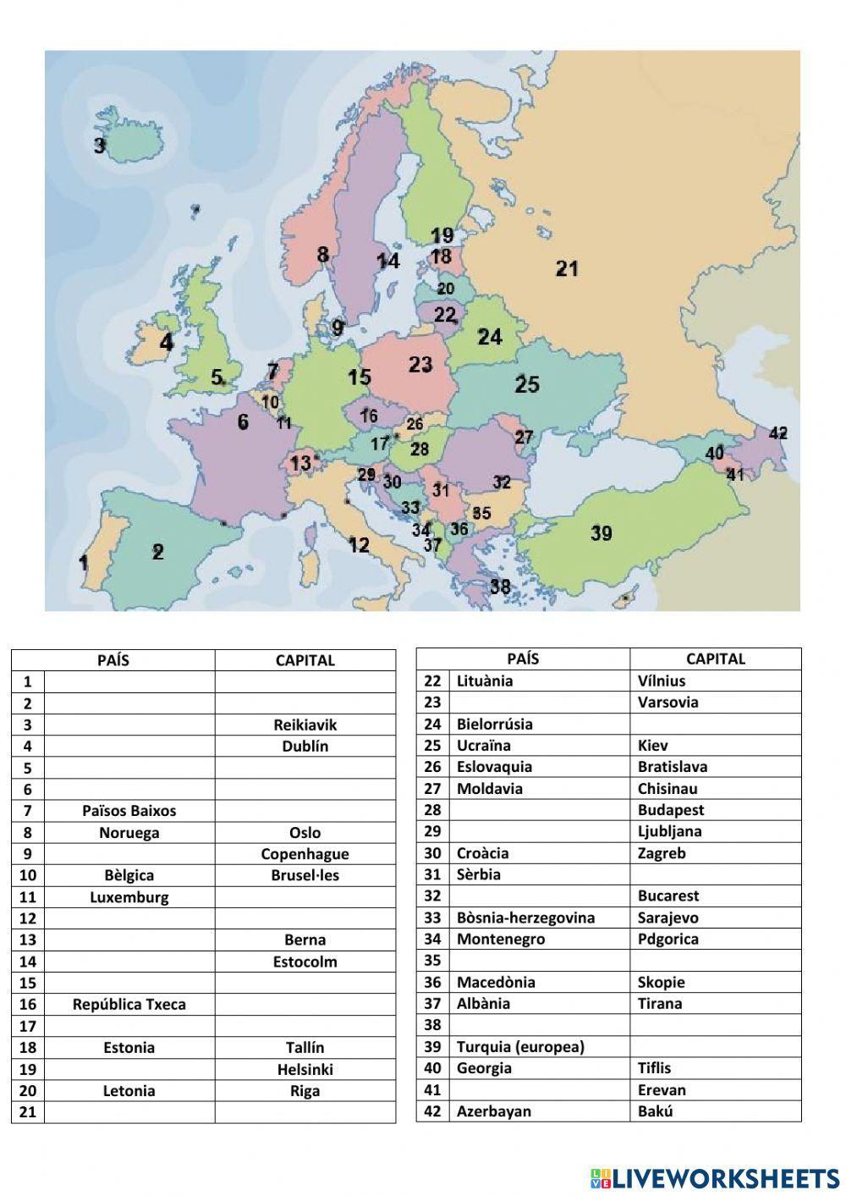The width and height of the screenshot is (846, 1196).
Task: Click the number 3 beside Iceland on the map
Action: (100, 146)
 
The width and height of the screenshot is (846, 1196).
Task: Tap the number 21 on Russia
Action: (567, 268)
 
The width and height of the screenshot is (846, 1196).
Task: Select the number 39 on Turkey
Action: (602, 533)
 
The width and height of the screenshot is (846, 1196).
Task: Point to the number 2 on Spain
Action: (157, 552)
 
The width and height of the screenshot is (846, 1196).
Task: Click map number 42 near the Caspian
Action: (778, 433)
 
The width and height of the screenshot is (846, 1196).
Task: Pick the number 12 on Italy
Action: (359, 544)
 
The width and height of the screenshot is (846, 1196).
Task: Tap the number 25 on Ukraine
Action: (527, 384)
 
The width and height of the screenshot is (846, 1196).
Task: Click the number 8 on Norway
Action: (322, 254)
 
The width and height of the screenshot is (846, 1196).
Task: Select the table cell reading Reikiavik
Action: (305, 725)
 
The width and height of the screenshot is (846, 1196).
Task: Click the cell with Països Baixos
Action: (129, 811)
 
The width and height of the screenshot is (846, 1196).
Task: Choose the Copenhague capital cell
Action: (305, 854)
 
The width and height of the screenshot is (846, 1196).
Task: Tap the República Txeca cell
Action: (129, 1005)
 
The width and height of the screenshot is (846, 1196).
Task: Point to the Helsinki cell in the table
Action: (305, 1069)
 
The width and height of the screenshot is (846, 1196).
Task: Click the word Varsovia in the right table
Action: (668, 702)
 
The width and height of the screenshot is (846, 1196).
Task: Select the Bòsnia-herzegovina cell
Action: (525, 918)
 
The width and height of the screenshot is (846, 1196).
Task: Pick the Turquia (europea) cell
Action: (520, 1047)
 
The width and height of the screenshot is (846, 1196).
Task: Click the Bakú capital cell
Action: (656, 1111)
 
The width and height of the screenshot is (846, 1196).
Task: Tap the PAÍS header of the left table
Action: (113, 660)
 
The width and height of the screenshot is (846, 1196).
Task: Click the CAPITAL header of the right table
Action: (715, 659)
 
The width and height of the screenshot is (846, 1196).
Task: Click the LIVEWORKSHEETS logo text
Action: (725, 1177)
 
